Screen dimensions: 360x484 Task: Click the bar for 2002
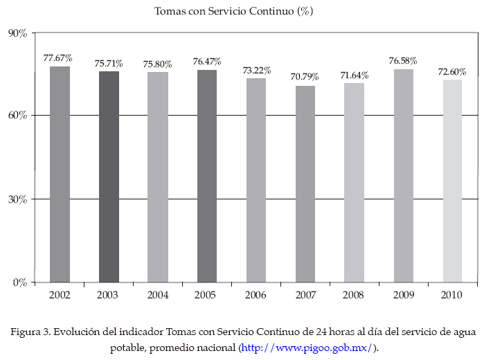pos(60,174)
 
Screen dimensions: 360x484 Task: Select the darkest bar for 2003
pos(109,177)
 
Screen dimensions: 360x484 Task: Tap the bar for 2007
pos(305,183)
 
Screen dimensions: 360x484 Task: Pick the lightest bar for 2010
pos(453,181)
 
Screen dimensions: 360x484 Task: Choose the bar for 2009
pos(404,175)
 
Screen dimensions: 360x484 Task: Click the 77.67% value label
pos(58,57)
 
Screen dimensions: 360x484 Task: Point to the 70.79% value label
pos(305,77)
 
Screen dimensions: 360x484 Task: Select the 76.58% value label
pos(403,61)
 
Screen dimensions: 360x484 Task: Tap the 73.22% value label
pos(256,71)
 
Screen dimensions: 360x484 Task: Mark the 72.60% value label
pos(452,71)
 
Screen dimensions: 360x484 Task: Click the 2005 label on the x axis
pos(207,296)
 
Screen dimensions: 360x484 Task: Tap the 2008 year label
pos(354,296)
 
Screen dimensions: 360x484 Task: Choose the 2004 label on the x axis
pos(158,296)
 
